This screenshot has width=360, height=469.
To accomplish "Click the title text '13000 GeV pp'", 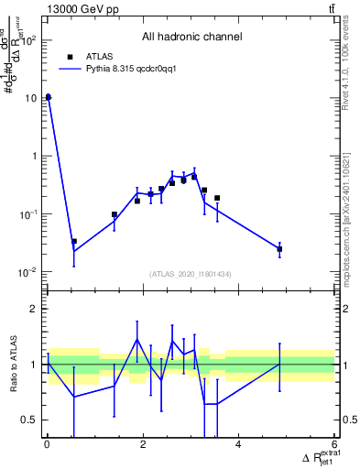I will coord(78,10).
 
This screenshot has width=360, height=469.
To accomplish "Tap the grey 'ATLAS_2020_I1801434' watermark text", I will coord(191,274).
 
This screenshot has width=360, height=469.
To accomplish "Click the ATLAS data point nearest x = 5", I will coord(279,248).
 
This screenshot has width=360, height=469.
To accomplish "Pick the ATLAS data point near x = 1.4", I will coord(115,214).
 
